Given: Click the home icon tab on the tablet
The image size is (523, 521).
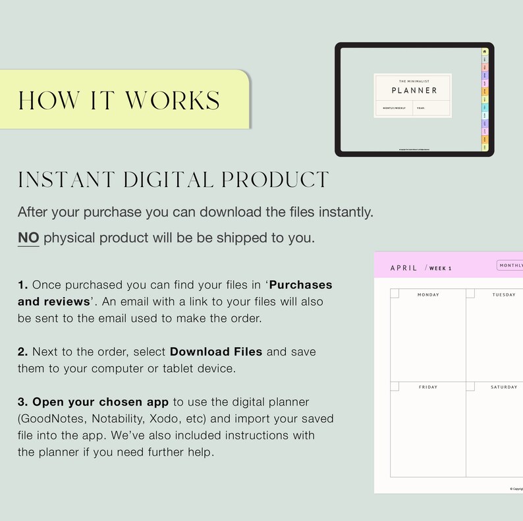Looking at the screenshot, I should [x=485, y=51].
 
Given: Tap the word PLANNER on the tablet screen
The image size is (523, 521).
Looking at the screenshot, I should [x=414, y=90].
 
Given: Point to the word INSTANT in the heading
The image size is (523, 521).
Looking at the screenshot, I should [x=65, y=179].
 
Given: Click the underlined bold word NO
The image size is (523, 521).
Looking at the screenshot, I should [x=28, y=238].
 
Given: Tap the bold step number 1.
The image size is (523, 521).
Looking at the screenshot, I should [x=23, y=285].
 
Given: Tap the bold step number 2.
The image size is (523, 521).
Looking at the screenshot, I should [x=23, y=352].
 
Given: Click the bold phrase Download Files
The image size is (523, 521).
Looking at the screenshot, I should [x=216, y=352].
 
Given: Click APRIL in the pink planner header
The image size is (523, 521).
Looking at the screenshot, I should [x=404, y=268].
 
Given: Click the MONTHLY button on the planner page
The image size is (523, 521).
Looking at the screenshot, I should [x=510, y=265].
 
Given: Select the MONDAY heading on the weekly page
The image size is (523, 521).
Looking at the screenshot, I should [x=428, y=294].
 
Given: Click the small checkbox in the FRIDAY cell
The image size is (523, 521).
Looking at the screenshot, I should [x=395, y=386].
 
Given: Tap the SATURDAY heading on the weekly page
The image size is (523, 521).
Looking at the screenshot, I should [x=504, y=387].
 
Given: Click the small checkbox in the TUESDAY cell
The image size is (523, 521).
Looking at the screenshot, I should [x=470, y=293].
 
